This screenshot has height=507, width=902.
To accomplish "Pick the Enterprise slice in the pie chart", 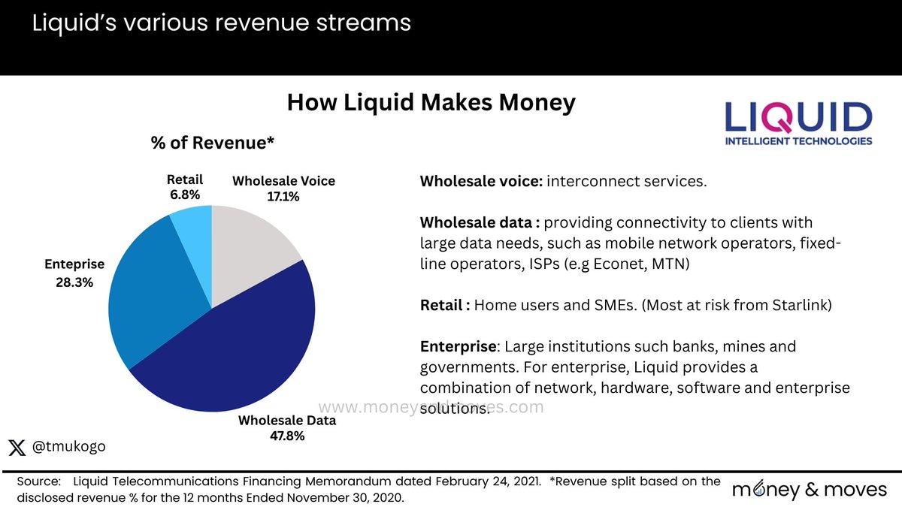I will point(150,293).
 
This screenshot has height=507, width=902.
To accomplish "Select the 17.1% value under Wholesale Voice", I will point(283,197).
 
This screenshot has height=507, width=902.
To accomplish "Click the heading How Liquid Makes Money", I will point(431,103).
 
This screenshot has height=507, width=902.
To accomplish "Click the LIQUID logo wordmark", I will point(798,119).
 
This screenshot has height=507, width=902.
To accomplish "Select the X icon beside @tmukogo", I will point(17,446).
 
